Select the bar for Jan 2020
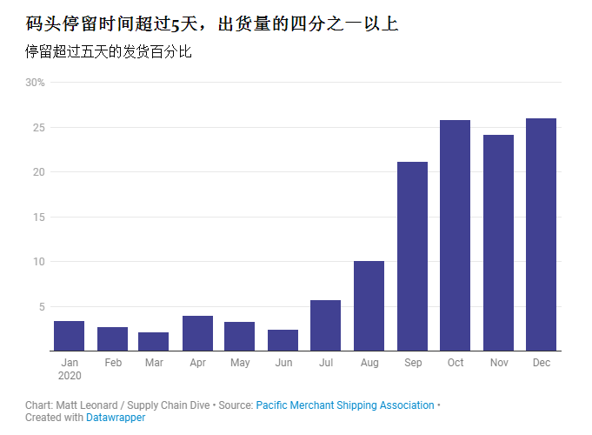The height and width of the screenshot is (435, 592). pyautogui.click(x=70, y=336)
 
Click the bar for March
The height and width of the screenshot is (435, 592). pyautogui.click(x=154, y=341)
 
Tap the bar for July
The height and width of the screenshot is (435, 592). pyautogui.click(x=325, y=325)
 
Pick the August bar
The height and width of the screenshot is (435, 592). pyautogui.click(x=369, y=305)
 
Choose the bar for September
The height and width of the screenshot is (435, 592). pyautogui.click(x=412, y=257)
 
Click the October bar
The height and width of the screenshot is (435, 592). pyautogui.click(x=455, y=236)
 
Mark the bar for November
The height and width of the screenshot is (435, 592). pyautogui.click(x=498, y=243)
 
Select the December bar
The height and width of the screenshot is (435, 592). pyautogui.click(x=541, y=235)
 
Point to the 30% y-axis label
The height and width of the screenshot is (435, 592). pyautogui.click(x=35, y=83)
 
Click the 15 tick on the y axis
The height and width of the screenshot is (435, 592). pyautogui.click(x=39, y=217)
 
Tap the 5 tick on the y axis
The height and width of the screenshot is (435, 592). pyautogui.click(x=41, y=306)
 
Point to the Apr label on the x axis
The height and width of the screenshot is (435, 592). pyautogui.click(x=197, y=363)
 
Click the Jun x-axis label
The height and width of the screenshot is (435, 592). pyautogui.click(x=283, y=363)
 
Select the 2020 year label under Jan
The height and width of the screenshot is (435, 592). pyautogui.click(x=70, y=375)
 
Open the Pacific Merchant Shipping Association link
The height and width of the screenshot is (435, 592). pyautogui.click(x=345, y=405)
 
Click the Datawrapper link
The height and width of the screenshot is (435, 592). pyautogui.click(x=116, y=418)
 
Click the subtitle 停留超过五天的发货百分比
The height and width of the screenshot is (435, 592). pyautogui.click(x=109, y=52)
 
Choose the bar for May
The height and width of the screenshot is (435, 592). pyautogui.click(x=240, y=336)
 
